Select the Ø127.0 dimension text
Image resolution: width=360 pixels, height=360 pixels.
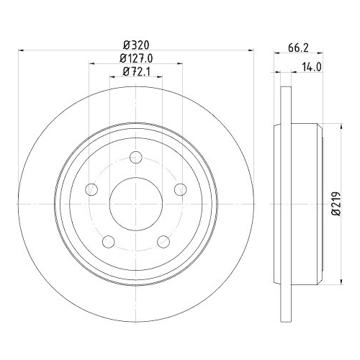(135, 58)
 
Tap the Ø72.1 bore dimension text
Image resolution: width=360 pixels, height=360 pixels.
(135, 71)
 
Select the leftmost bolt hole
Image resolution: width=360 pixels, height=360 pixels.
(91, 189)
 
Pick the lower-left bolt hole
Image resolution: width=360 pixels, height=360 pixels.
(108, 241)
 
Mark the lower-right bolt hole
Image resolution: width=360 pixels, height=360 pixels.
(163, 241)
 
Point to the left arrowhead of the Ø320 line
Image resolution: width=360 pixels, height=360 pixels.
(21, 50)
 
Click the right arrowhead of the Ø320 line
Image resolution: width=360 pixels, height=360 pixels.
(251, 50)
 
